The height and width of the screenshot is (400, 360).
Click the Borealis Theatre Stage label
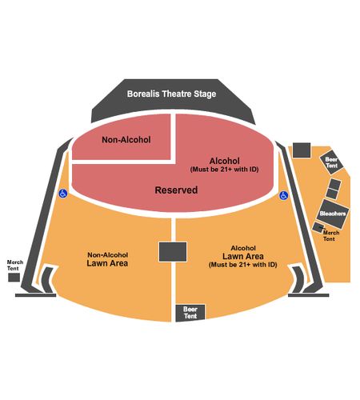click(171, 94)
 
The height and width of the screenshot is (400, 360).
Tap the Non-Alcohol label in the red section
click(126, 139)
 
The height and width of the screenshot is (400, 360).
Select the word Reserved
click(176, 190)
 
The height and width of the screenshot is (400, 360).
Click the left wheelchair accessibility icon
click(63, 194)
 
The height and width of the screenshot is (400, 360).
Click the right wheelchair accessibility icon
click(283, 195)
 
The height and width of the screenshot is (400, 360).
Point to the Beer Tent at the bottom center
click(190, 313)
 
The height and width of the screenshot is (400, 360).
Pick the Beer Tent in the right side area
click(331, 162)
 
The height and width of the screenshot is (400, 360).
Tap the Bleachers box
click(333, 214)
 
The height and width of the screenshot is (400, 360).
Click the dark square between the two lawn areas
click(173, 252)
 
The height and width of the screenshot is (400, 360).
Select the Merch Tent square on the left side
click(14, 278)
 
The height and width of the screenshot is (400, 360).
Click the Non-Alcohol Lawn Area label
click(107, 259)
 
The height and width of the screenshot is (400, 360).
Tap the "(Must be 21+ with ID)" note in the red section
click(225, 170)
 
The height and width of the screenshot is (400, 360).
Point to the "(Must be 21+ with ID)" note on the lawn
click(243, 265)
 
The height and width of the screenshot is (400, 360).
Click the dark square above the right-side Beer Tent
click(302, 150)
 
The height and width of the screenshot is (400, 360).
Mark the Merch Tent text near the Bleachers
click(330, 236)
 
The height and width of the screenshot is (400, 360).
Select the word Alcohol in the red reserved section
click(225, 161)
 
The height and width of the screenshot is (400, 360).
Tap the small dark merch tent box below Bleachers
click(318, 227)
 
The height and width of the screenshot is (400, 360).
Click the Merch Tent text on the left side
click(14, 266)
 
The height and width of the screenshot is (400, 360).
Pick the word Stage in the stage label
click(205, 94)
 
